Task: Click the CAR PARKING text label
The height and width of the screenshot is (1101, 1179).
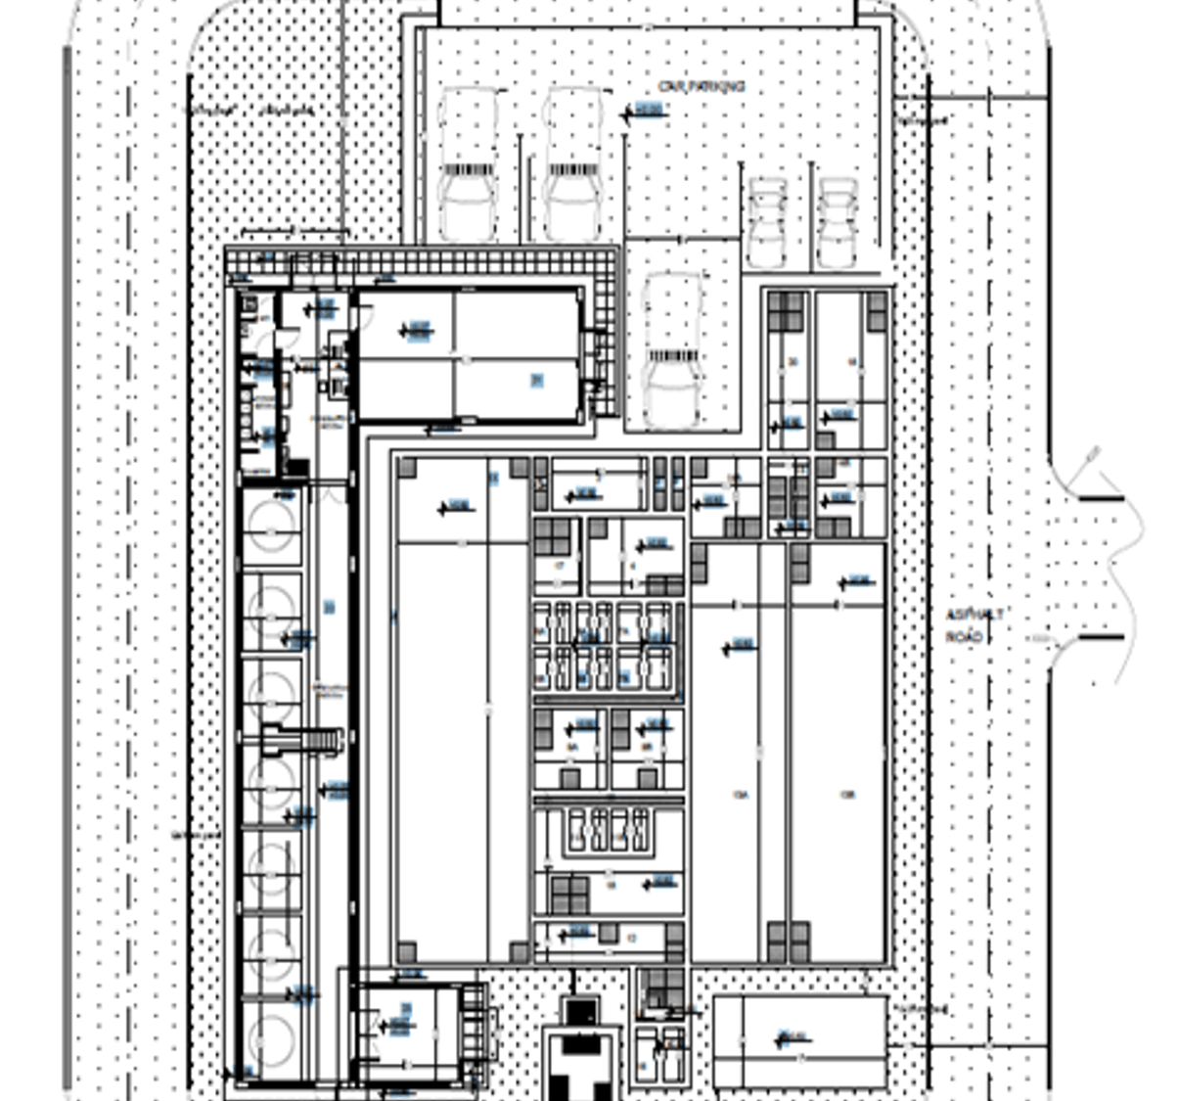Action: (x=702, y=87)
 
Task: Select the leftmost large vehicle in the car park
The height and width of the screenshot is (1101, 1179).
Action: (x=469, y=164)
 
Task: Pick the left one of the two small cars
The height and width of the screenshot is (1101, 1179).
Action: (x=767, y=222)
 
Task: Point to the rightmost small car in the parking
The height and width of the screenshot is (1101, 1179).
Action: (x=838, y=222)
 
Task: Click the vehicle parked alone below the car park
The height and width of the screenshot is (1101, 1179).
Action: (x=673, y=347)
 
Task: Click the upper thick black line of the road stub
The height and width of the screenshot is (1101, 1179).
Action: (x=1101, y=498)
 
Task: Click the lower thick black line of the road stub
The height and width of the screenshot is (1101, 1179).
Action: (x=1101, y=638)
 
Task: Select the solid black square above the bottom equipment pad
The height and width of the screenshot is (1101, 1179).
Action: (x=580, y=1011)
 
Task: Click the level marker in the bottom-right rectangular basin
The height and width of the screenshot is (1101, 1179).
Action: (x=791, y=1038)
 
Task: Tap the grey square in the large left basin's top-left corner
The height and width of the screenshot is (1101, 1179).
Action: (x=406, y=468)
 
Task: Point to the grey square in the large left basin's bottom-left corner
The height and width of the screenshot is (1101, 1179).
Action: (x=406, y=951)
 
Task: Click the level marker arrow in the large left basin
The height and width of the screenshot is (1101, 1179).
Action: (x=453, y=507)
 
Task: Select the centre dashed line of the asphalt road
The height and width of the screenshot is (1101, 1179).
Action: (x=989, y=587)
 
